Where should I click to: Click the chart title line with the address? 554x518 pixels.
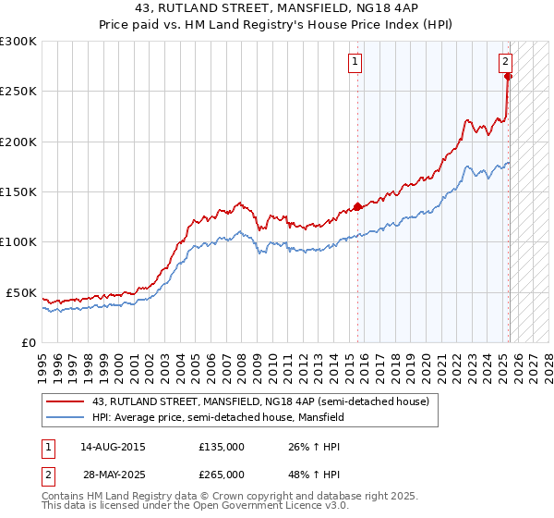click(x=276, y=9)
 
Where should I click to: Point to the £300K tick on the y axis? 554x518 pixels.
click(x=18, y=42)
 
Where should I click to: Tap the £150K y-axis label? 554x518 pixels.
click(x=18, y=191)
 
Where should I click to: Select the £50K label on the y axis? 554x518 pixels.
click(x=22, y=292)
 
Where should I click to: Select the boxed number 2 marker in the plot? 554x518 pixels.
click(x=506, y=63)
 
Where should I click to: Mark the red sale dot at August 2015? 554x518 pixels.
click(x=357, y=207)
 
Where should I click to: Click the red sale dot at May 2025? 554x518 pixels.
click(x=509, y=77)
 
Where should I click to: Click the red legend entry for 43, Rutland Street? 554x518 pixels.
click(x=260, y=402)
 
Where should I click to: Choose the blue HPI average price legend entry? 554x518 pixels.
click(x=217, y=417)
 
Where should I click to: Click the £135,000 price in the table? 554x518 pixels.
click(x=222, y=447)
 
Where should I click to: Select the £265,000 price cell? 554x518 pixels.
click(x=222, y=474)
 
